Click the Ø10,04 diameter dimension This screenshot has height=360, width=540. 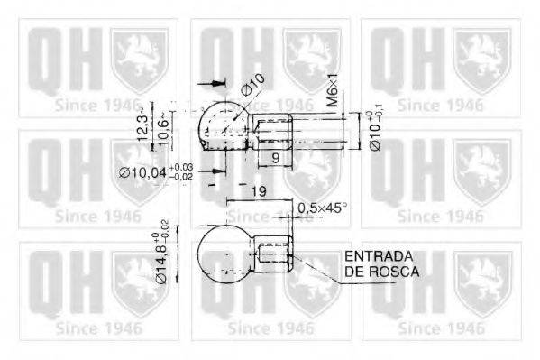tap(152, 171)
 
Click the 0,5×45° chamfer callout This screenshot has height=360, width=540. tap(322, 207)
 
